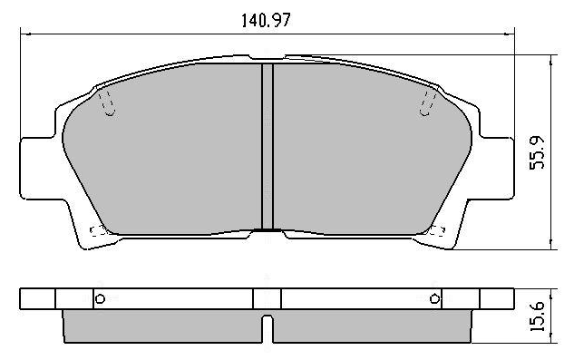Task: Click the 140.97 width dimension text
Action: (266, 20)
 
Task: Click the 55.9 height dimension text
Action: (538, 152)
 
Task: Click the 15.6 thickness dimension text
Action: (538, 317)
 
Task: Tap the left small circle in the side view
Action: (100, 299)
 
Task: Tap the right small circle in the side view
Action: (434, 299)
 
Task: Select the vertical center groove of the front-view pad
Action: (268, 147)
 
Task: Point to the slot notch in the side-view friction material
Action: (268, 328)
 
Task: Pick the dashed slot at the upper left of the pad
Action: (107, 103)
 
